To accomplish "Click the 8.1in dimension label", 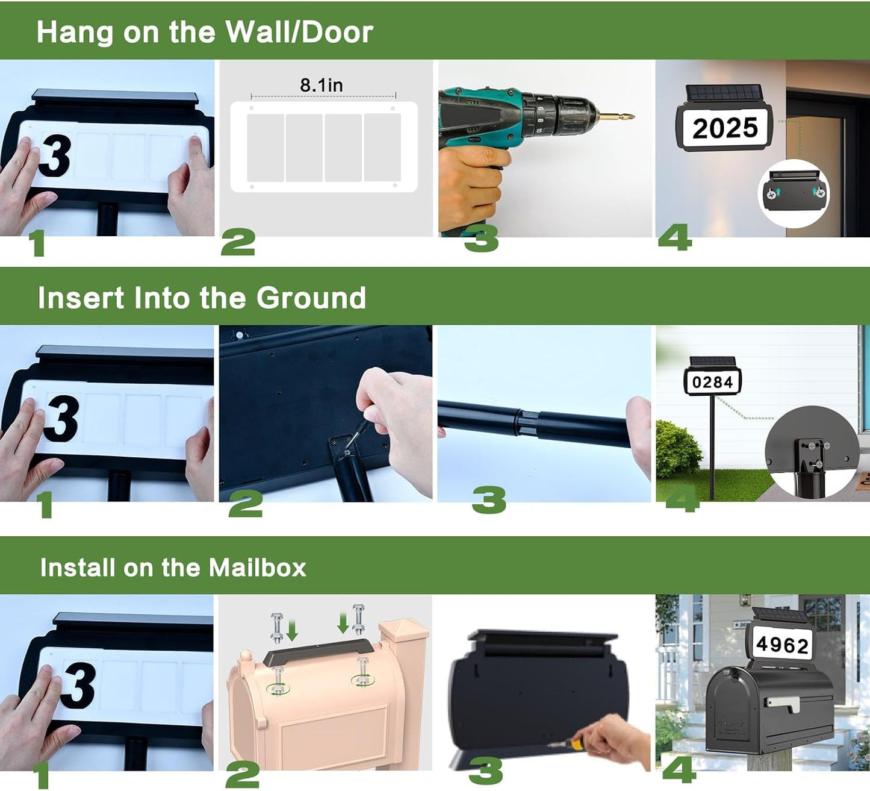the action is tap(322, 85).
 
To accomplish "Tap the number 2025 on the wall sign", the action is tap(725, 128).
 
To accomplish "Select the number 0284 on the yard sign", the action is tap(713, 382).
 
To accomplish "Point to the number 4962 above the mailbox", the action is tap(782, 644).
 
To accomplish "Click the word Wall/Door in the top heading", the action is tap(300, 32).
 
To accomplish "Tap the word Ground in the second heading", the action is tap(311, 298).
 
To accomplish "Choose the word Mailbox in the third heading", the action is tap(257, 567).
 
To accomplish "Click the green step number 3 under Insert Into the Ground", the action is tap(489, 500).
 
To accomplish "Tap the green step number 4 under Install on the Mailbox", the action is tap(679, 770).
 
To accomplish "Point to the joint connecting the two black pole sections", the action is tap(527, 422).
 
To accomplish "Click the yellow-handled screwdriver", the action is tap(574, 744).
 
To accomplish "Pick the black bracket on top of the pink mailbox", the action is tap(318, 652).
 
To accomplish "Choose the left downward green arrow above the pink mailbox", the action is tap(292, 630).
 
